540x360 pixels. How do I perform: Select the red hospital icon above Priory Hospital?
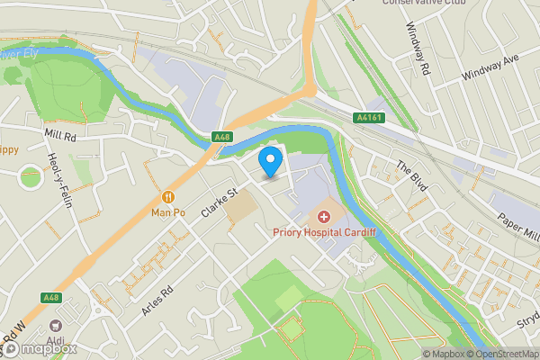tap(324, 217)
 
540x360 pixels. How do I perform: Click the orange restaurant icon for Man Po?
tap(167, 197)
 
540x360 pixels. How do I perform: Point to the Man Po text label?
tap(167, 213)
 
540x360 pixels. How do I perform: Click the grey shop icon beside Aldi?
tap(56, 324)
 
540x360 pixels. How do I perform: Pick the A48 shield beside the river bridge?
tap(222, 137)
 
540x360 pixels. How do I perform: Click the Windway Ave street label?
tap(490, 67)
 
